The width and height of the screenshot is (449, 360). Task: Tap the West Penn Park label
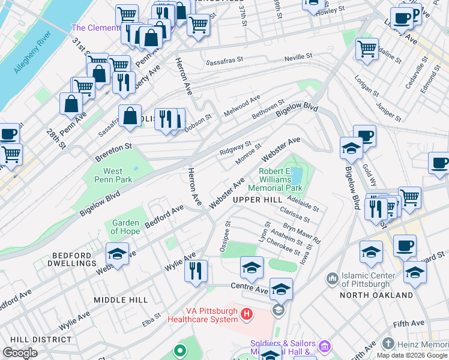[x=113, y=175]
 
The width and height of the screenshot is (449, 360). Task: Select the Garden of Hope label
[x=125, y=227]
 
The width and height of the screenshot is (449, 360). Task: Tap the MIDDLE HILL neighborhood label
[x=121, y=299]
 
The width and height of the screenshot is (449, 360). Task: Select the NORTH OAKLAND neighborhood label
[x=376, y=295]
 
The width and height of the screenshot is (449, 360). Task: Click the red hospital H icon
[x=246, y=313]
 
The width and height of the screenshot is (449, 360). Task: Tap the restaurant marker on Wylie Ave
[x=196, y=271]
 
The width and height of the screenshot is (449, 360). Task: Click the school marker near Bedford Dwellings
[x=117, y=254]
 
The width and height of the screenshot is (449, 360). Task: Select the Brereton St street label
[x=113, y=152]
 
